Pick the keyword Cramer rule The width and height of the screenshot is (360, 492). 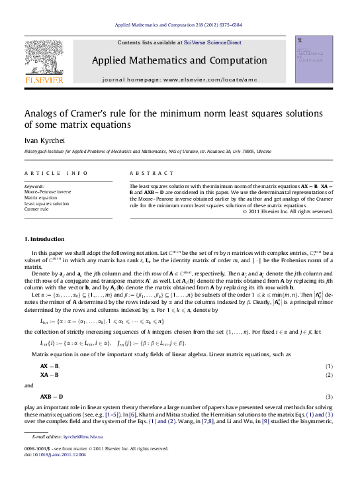(37, 209)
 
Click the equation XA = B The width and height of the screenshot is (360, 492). (50, 375)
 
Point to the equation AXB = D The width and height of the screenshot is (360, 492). (52, 397)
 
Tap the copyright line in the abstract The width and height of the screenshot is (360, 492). (287, 212)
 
